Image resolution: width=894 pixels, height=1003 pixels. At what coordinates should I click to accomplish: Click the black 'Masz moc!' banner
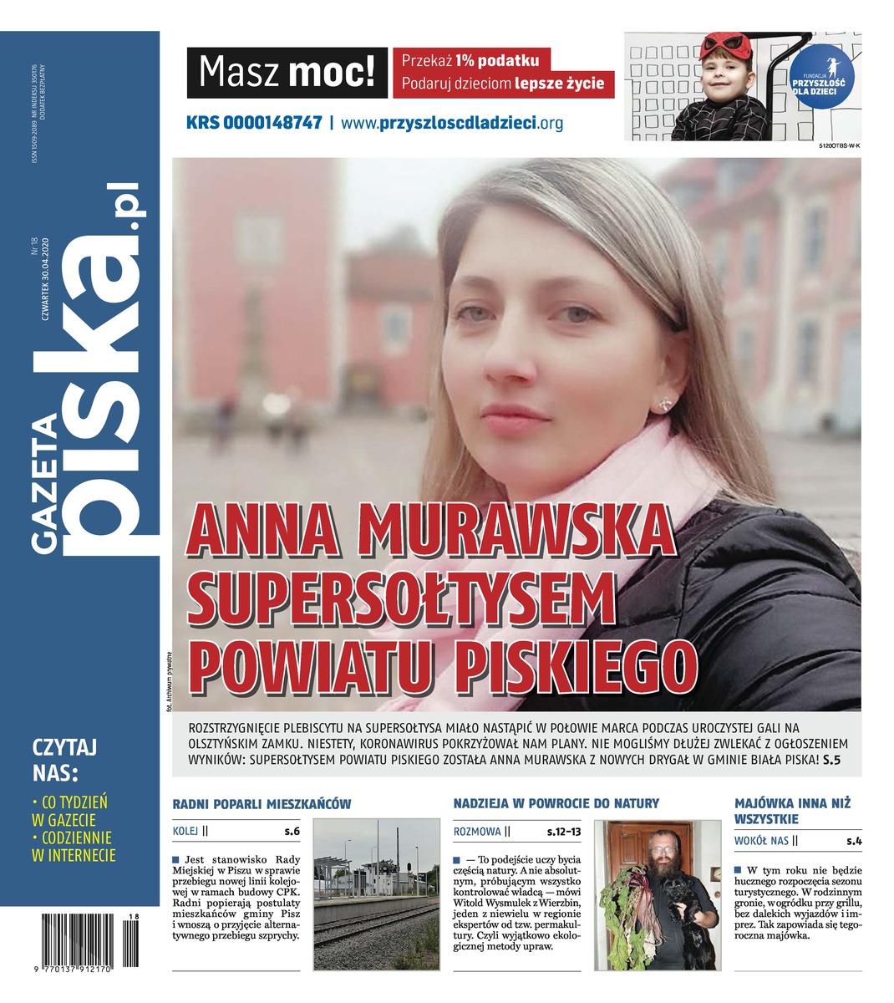coord(287,74)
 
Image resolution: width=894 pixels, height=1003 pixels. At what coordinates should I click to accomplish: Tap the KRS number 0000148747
coord(254,122)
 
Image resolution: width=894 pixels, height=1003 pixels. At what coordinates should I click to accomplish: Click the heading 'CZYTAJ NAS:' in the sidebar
coord(66,757)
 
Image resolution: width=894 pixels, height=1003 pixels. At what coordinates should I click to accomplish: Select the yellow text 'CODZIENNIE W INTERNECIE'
coord(74,846)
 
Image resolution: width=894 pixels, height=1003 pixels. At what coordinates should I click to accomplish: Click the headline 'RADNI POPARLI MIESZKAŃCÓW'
coord(262,804)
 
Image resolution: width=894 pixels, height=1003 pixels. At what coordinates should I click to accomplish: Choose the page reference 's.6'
coord(292,832)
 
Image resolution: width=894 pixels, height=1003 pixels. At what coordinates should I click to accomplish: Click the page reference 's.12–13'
coord(564,832)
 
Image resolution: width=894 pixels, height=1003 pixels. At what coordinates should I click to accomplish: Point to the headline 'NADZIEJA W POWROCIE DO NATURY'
coord(556,804)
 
